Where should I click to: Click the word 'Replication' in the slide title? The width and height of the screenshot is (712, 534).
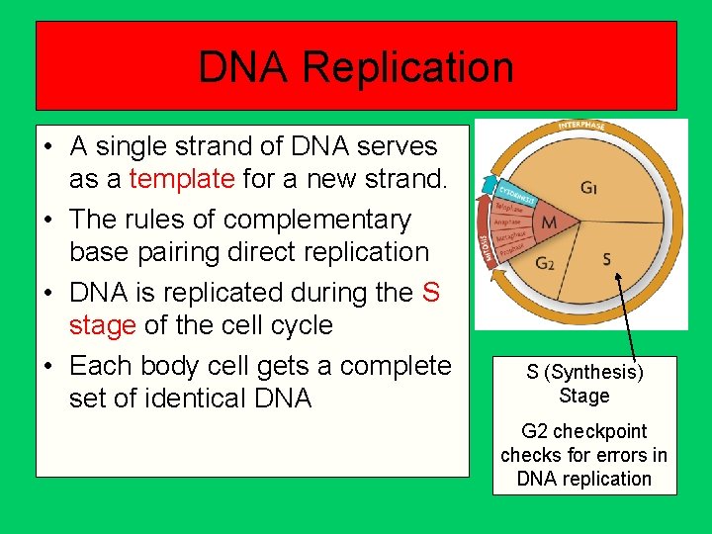click(x=408, y=67)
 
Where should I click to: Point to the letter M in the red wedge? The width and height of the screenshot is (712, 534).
click(x=548, y=222)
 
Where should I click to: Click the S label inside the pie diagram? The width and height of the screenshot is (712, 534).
click(x=606, y=259)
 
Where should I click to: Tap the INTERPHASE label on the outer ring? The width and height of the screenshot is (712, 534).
click(x=581, y=128)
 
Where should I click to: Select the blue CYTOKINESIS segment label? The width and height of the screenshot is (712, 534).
click(x=516, y=194)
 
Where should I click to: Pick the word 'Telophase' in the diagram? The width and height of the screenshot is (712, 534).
click(x=509, y=208)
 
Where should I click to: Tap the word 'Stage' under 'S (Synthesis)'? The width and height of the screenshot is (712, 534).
click(x=584, y=397)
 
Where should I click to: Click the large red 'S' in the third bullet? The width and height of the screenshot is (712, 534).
click(x=430, y=293)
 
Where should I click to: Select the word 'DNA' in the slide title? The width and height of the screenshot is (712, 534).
click(x=245, y=67)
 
